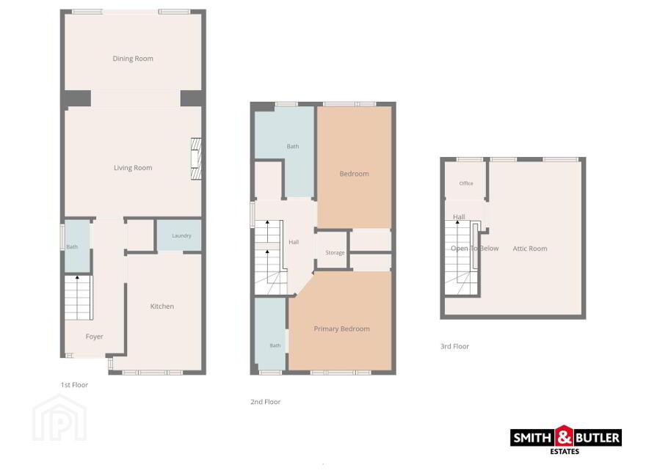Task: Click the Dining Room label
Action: pos(133,59)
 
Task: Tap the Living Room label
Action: pos(133,168)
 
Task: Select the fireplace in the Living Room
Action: pos(196,158)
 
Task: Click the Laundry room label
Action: pos(181,236)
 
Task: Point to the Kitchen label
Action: pos(162,307)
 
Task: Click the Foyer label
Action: pos(95,337)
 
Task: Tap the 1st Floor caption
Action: pos(74,385)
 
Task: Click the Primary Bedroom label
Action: pos(341,329)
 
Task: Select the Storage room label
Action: pos(335,253)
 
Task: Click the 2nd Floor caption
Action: pos(265,402)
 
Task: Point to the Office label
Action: pos(466,183)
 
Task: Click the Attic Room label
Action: pos(530,249)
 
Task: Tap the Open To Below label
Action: pos(475,249)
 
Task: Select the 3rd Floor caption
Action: pos(455,347)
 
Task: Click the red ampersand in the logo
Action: pos(564,436)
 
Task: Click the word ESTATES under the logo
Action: pos(565,452)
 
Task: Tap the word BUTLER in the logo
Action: pos(597,438)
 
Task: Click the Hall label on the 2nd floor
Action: pos(294,242)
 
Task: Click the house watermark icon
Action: pos(59,417)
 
